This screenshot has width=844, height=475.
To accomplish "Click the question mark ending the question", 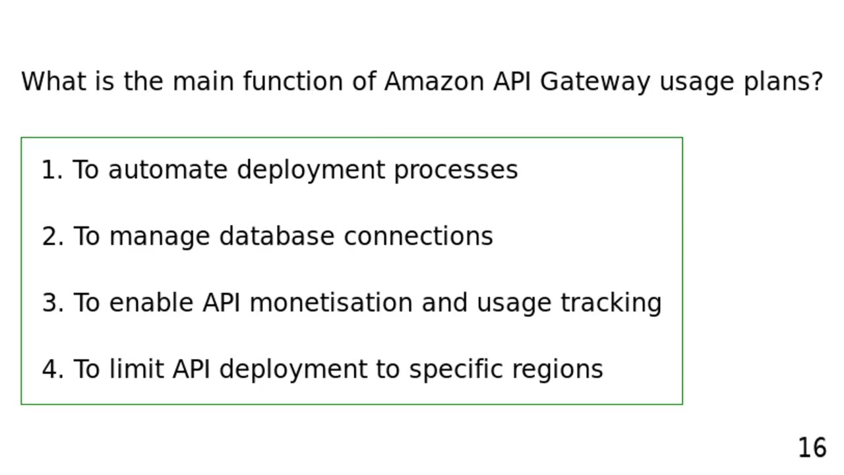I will coord(818,82).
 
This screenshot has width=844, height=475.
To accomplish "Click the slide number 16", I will coord(812,448).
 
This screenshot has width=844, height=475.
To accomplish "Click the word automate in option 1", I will coord(169,170).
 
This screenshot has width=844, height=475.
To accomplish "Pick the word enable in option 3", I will coord(152,303).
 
